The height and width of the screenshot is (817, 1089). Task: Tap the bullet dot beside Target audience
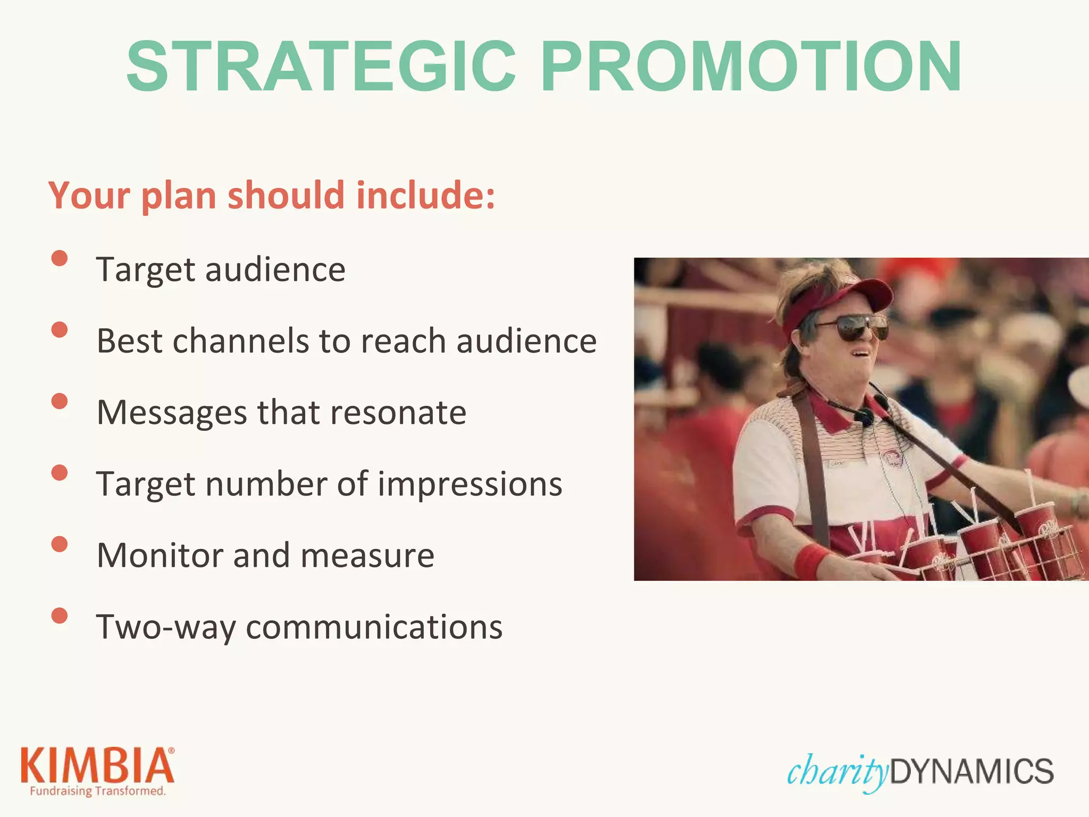coord(60,259)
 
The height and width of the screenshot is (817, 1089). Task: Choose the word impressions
coord(470,484)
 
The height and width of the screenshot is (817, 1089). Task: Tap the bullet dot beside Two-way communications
coord(60,615)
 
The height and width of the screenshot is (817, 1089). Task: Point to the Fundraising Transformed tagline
coord(97,791)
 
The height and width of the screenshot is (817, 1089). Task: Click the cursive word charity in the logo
coord(837,771)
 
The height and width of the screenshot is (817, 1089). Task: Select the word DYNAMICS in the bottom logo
coord(971,771)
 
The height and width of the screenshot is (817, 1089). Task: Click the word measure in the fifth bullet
coord(367,555)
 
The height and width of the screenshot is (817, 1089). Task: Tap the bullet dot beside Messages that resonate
coord(60,401)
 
